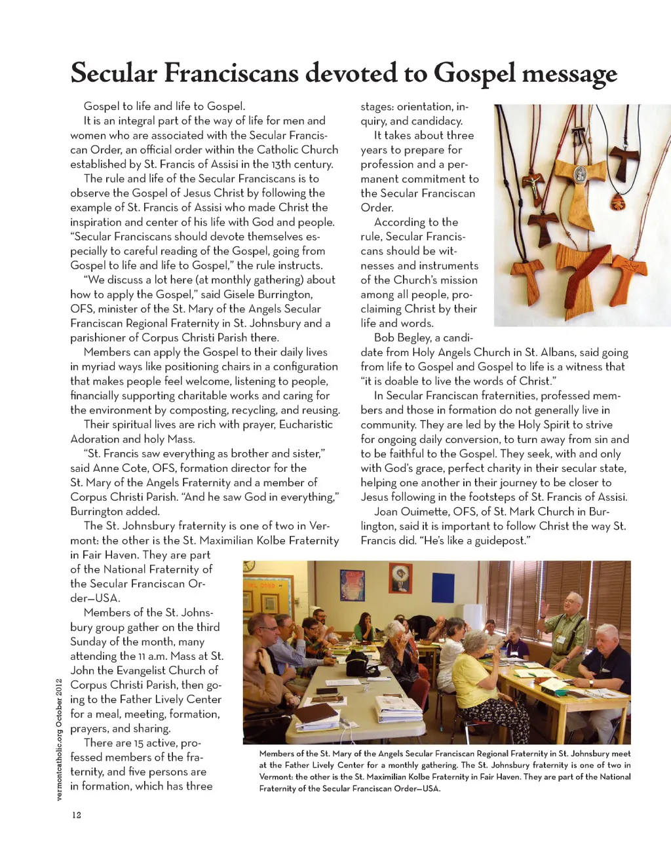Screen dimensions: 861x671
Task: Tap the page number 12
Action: click(x=77, y=815)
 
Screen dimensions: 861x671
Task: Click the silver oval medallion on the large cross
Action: click(x=581, y=174)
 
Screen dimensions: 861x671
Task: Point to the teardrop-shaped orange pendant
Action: click(x=617, y=201)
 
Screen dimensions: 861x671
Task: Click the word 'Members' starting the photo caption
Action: click(x=277, y=754)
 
